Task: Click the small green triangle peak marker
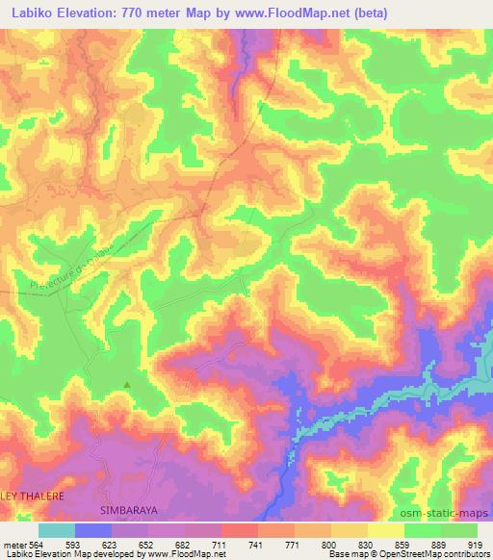click(127, 385)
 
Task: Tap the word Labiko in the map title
click(28, 12)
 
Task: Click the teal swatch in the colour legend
click(57, 530)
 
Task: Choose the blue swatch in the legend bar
click(93, 530)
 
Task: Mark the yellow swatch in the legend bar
click(386, 530)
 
